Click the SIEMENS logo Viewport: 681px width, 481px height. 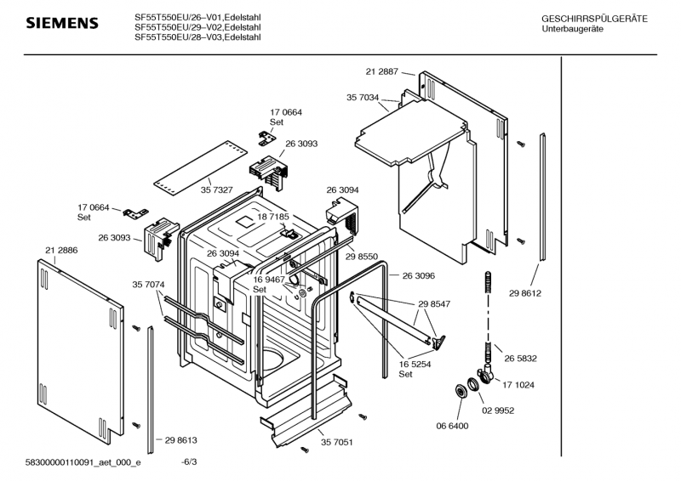62,23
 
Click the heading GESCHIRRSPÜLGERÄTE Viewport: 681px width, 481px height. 594,19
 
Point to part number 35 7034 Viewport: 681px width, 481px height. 364,98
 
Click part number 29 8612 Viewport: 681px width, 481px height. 526,293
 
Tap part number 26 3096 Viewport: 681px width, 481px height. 419,275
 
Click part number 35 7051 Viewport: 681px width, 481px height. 337,443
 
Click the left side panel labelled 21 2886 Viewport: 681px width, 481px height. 85,340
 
